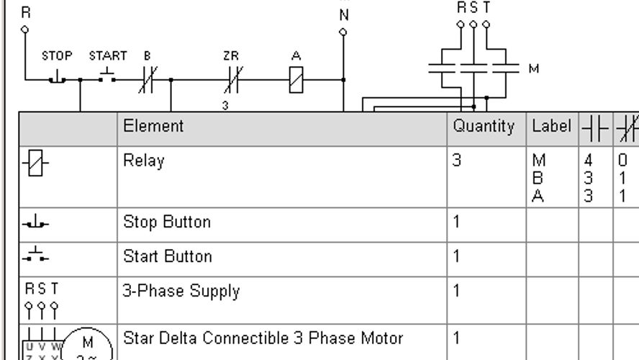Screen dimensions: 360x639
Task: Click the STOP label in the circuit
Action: [57, 55]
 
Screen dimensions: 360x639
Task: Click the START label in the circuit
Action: [108, 55]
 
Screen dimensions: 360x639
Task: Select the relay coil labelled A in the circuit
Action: [296, 79]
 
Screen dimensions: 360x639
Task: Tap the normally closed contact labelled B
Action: [148, 79]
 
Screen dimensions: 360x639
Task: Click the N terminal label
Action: [344, 15]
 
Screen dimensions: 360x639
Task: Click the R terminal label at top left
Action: [26, 13]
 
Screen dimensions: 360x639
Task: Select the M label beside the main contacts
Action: [533, 68]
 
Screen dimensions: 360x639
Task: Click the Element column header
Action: [153, 126]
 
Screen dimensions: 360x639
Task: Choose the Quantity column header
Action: [484, 127]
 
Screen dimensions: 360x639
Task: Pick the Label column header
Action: [551, 126]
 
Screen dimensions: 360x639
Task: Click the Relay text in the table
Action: [144, 161]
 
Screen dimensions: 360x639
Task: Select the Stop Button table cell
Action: [167, 222]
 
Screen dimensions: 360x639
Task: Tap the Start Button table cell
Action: [168, 256]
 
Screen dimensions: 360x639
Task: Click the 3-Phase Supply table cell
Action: [181, 292]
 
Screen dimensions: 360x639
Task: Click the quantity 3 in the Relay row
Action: [457, 161]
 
